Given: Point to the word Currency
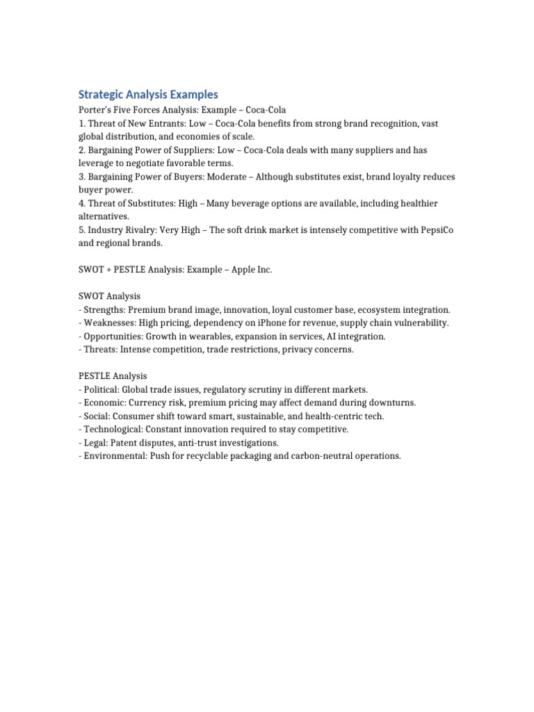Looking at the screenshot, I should (x=149, y=403).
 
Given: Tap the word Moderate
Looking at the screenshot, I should (x=227, y=177).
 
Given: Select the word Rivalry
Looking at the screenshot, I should (x=145, y=229).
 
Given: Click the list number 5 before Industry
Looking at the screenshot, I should (x=81, y=229).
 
